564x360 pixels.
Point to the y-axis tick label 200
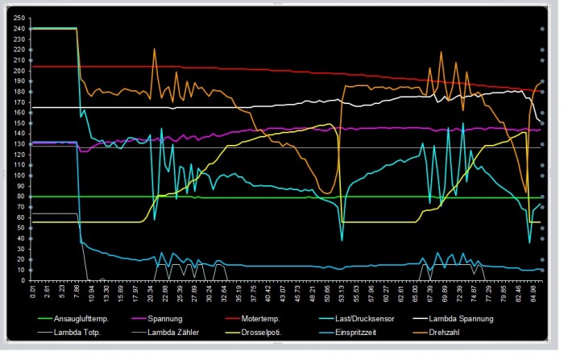pyautogui.click(x=20, y=70)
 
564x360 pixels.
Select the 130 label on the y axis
pyautogui.click(x=20, y=144)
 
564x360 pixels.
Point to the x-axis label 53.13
pyautogui.click(x=341, y=292)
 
